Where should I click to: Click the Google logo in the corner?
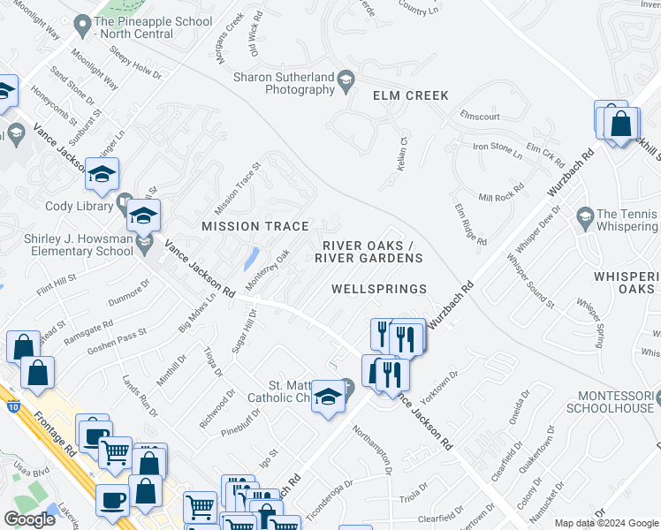29,519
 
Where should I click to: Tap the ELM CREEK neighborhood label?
410,95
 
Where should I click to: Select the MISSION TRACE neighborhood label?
255,227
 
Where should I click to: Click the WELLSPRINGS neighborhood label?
379,289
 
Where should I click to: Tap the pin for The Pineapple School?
82,26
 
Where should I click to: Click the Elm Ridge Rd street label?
471,224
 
